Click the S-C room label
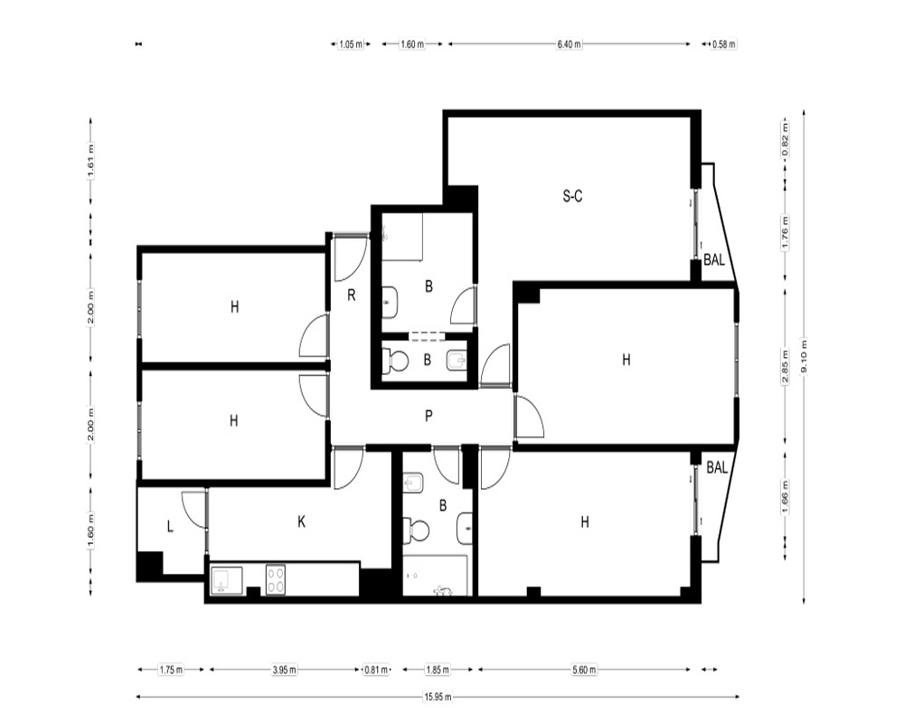coord(572,196)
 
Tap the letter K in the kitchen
coord(301,521)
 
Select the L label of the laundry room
coord(170,526)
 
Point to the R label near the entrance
coord(351,296)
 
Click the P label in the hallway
coord(428,416)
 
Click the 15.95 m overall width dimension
coord(438,697)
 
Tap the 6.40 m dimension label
coord(569,43)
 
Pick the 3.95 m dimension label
coord(284,670)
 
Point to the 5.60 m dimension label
coord(585,670)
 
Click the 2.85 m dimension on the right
coord(786,367)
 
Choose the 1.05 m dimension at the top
coord(351,43)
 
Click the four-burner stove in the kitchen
coord(276,579)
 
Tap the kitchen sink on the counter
coord(227,580)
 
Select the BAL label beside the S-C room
coord(714,260)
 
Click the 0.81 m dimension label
coord(376,670)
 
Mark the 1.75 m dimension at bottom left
coord(171,670)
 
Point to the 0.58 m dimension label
coord(724,43)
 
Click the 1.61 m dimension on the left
coord(91,161)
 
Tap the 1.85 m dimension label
coord(438,670)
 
